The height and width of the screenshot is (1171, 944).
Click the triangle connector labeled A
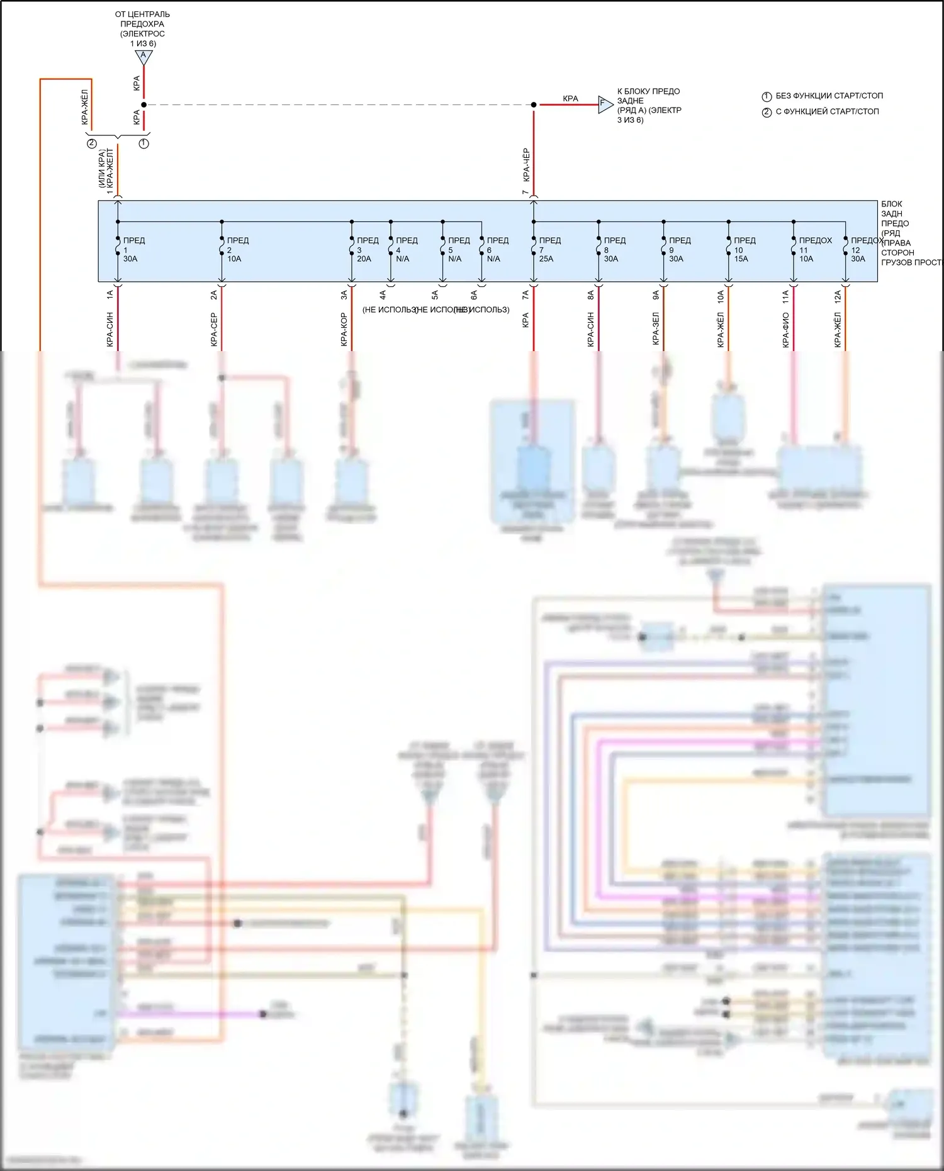[143, 57]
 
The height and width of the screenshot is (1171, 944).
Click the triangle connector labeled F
[604, 104]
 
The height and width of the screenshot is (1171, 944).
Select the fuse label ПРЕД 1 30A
[132, 250]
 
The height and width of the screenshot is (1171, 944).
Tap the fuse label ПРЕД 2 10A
[237, 250]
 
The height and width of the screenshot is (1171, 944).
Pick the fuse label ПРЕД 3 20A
[366, 250]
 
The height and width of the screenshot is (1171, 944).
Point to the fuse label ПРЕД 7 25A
[548, 250]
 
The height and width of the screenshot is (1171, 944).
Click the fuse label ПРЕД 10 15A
[743, 250]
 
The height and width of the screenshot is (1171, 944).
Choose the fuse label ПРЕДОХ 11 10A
[814, 250]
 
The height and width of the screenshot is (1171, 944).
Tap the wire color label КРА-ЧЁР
[526, 165]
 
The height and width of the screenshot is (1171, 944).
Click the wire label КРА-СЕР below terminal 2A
[214, 329]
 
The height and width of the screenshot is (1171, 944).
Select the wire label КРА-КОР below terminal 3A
[344, 329]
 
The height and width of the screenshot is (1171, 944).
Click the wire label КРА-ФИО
[785, 329]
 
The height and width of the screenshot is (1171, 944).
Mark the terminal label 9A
[656, 294]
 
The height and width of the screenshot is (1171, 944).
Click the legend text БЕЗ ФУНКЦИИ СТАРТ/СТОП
[829, 96]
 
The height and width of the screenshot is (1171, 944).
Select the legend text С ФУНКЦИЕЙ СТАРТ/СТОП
[827, 111]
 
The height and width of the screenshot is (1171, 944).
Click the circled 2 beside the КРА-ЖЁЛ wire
[92, 143]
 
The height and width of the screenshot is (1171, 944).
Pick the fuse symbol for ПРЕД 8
[598, 246]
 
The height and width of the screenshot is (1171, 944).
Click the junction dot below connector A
[143, 104]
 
